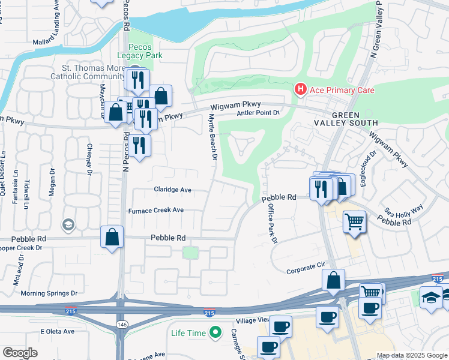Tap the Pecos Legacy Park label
point(140,51)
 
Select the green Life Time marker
point(214,332)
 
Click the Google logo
point(20,353)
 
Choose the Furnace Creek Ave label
point(156,211)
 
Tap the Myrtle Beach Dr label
point(211,137)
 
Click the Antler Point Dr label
point(259,112)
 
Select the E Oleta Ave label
point(57,331)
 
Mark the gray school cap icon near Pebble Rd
point(68,225)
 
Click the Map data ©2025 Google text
point(412,355)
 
